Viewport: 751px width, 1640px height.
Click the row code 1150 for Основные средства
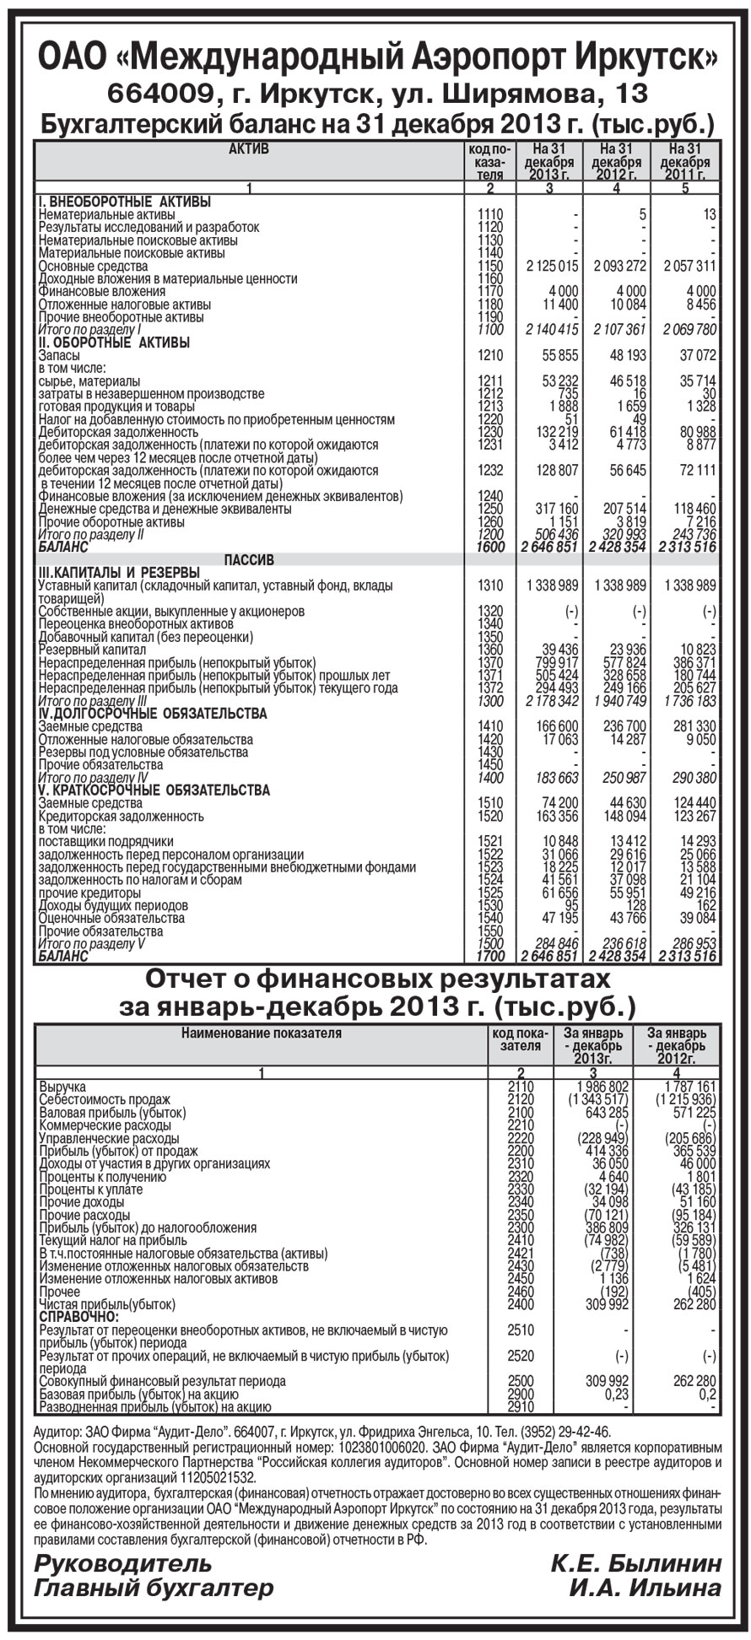tap(489, 266)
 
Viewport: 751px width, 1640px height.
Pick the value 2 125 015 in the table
tap(551, 266)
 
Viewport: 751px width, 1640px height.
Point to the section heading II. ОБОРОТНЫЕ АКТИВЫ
tap(114, 343)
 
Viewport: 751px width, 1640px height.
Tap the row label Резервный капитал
tap(92, 650)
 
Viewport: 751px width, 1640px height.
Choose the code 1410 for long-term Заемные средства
tap(489, 726)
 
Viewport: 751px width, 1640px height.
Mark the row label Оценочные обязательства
tap(111, 918)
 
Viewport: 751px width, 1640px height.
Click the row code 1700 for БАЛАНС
tap(489, 957)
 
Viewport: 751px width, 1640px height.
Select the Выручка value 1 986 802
tap(599, 1087)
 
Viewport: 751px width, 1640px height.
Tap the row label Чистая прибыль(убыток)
tap(107, 1304)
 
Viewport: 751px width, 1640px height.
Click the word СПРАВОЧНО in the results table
tap(78, 1317)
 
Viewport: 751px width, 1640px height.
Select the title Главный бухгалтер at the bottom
tap(154, 1589)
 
